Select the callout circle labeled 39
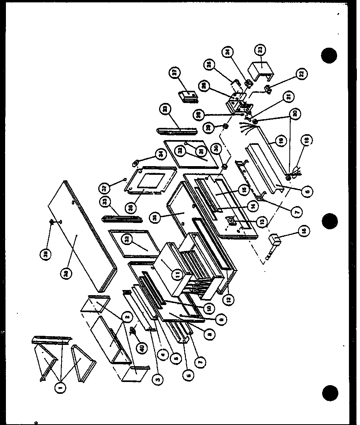coord(47,255)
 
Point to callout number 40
coord(142,348)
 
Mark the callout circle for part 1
coord(62,388)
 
